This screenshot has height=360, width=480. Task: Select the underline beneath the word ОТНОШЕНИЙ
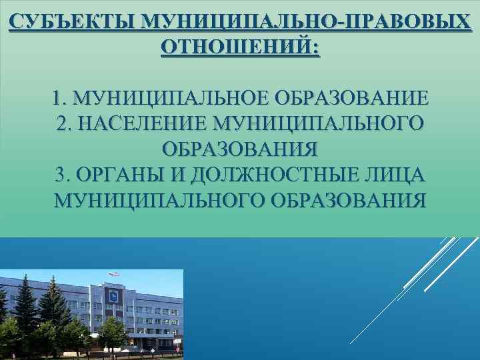(240, 57)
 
